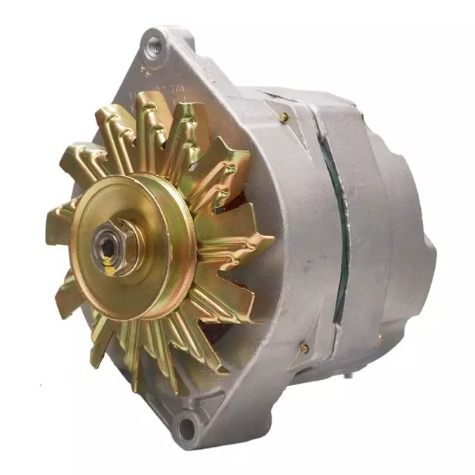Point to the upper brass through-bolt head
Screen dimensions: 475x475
tap(284, 117)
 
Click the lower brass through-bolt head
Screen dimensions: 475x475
tap(304, 348)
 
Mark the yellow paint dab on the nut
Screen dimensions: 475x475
tap(109, 269)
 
